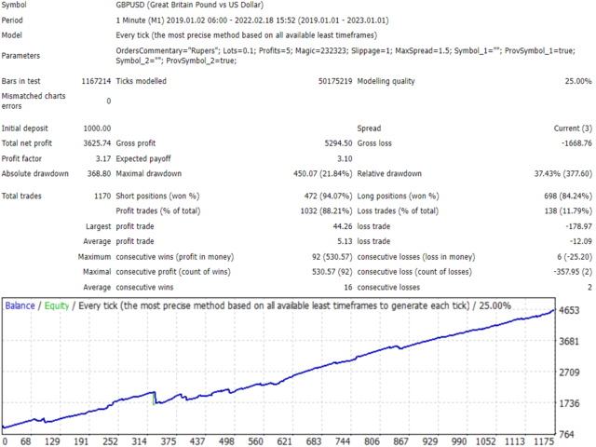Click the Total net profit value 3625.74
(97, 143)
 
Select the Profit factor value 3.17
(103, 158)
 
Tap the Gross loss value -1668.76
(576, 143)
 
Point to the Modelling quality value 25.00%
(578, 81)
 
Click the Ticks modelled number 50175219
(335, 81)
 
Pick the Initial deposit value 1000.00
(97, 129)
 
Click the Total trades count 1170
(102, 196)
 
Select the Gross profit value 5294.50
(338, 143)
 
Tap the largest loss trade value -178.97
(578, 226)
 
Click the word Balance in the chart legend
(20, 306)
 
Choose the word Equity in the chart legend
(57, 306)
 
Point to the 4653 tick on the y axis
(569, 310)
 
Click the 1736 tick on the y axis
(569, 403)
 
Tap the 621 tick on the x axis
(284, 441)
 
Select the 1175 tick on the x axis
(544, 441)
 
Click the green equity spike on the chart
(154, 399)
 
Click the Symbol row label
(14, 5)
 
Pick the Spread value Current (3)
(573, 129)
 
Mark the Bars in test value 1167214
(96, 81)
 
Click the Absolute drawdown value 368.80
(99, 174)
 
